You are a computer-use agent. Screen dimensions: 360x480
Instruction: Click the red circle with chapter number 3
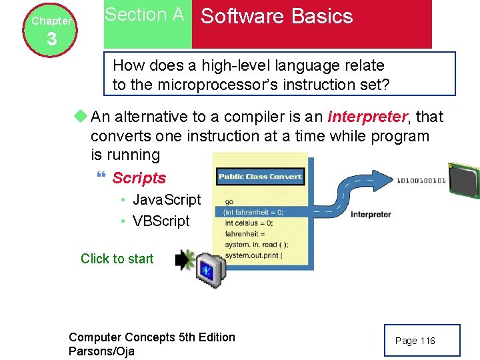[51, 31]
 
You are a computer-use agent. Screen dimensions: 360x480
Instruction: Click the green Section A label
[144, 15]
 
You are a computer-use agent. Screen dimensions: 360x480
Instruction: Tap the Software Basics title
[277, 17]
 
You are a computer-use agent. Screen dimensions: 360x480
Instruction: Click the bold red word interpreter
[367, 117]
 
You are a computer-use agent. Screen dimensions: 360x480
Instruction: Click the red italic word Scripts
[139, 178]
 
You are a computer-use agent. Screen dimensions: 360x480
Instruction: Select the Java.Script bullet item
[167, 200]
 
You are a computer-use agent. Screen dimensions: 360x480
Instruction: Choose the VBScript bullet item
[161, 221]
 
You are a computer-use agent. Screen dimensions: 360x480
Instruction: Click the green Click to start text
[117, 259]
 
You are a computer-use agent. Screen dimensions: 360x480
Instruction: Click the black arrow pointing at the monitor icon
[183, 260]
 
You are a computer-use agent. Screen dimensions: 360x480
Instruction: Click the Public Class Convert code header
[260, 177]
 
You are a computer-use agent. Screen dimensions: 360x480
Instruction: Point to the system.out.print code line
[254, 255]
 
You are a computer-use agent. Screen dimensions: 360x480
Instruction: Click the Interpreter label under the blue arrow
[371, 215]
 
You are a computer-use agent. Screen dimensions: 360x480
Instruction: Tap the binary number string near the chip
[421, 181]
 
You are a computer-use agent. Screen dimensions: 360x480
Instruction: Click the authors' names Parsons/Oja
[101, 351]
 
